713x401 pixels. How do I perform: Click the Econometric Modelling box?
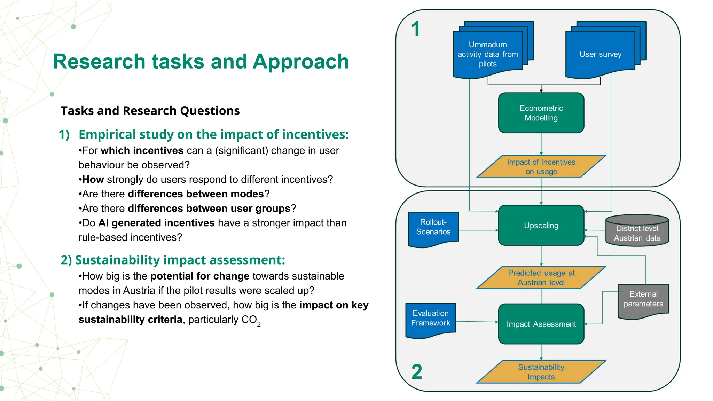541,113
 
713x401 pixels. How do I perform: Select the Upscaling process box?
541,225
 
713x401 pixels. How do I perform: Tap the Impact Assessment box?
541,324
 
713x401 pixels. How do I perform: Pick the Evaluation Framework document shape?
430,319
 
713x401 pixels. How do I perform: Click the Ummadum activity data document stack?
487,54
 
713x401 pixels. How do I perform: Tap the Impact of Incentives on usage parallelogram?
541,167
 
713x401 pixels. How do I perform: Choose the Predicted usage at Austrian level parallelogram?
541,278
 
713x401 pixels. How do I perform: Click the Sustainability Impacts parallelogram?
541,372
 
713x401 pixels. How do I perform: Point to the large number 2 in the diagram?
417,372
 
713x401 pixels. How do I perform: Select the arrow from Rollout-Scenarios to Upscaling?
478,230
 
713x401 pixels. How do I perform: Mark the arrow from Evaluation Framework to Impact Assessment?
477,322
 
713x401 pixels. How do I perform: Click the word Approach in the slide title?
301,62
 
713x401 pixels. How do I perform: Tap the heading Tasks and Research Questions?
150,111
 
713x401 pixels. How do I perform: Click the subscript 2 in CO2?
259,324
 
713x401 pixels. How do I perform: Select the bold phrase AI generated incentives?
156,223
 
